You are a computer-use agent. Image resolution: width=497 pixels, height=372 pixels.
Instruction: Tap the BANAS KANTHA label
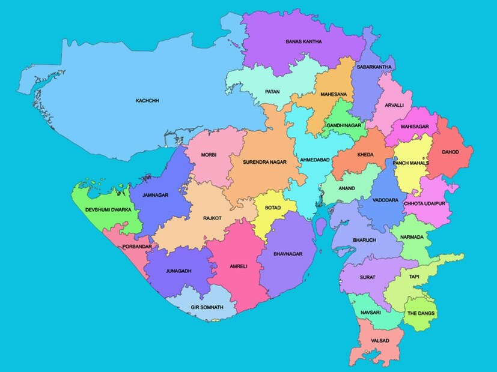tap(303, 42)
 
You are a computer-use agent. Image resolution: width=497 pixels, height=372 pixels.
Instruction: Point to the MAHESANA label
tap(333, 95)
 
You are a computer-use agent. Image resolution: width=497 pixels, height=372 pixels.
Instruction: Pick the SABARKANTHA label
tap(374, 67)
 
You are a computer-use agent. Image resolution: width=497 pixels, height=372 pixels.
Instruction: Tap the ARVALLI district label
tap(394, 106)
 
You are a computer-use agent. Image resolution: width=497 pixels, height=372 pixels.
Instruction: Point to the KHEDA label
tap(365, 155)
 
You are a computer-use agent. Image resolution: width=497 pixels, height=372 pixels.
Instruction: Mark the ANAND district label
tap(347, 188)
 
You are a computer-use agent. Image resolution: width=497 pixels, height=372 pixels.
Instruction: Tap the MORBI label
tap(208, 155)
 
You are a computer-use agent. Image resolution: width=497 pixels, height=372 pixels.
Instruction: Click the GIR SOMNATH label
tap(207, 307)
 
